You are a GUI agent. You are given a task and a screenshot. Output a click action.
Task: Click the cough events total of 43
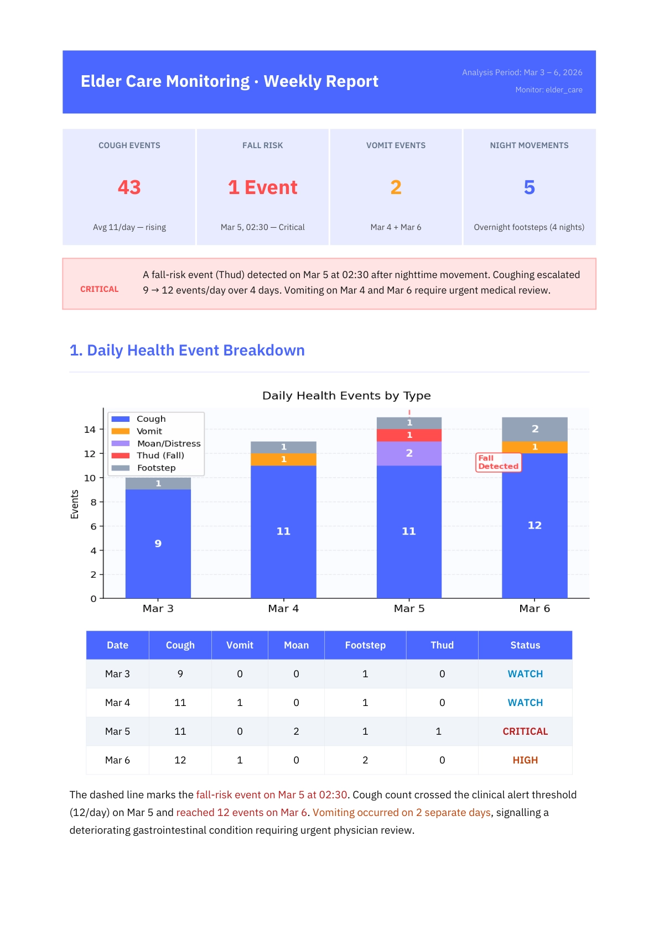pyautogui.click(x=129, y=187)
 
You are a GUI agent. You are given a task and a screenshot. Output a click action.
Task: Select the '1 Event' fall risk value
pyautogui.click(x=263, y=187)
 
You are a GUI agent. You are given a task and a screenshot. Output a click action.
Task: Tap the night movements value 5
pyautogui.click(x=529, y=187)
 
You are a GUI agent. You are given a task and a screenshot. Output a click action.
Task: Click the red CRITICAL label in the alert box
pyautogui.click(x=100, y=289)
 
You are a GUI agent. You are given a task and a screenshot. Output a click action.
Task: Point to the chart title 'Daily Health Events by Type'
pyautogui.click(x=346, y=395)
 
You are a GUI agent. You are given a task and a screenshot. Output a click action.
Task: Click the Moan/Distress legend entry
pyautogui.click(x=168, y=443)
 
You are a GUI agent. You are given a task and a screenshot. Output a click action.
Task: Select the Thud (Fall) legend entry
pyautogui.click(x=160, y=456)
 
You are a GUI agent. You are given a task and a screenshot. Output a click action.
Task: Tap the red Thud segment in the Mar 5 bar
pyautogui.click(x=409, y=435)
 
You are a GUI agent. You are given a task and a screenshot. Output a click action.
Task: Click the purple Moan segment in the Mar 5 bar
pyautogui.click(x=409, y=453)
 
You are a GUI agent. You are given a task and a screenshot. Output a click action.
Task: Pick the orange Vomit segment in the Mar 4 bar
pyautogui.click(x=283, y=459)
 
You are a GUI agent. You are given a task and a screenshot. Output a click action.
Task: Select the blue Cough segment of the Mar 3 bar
pyautogui.click(x=158, y=543)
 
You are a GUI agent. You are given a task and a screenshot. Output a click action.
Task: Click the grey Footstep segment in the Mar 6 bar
pyautogui.click(x=535, y=429)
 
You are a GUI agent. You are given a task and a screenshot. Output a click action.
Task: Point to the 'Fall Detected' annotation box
pyautogui.click(x=498, y=462)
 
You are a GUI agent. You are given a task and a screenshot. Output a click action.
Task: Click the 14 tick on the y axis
pyautogui.click(x=90, y=430)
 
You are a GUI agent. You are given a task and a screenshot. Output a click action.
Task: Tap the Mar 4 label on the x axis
pyautogui.click(x=283, y=608)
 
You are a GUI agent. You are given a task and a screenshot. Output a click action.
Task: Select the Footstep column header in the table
pyautogui.click(x=365, y=645)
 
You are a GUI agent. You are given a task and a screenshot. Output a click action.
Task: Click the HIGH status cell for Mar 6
pyautogui.click(x=525, y=760)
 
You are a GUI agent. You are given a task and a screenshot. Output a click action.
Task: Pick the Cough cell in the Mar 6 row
pyautogui.click(x=180, y=760)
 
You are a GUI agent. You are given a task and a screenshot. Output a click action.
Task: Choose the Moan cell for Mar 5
pyautogui.click(x=296, y=731)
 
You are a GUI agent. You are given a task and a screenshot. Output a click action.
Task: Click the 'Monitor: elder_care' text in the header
pyautogui.click(x=548, y=90)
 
